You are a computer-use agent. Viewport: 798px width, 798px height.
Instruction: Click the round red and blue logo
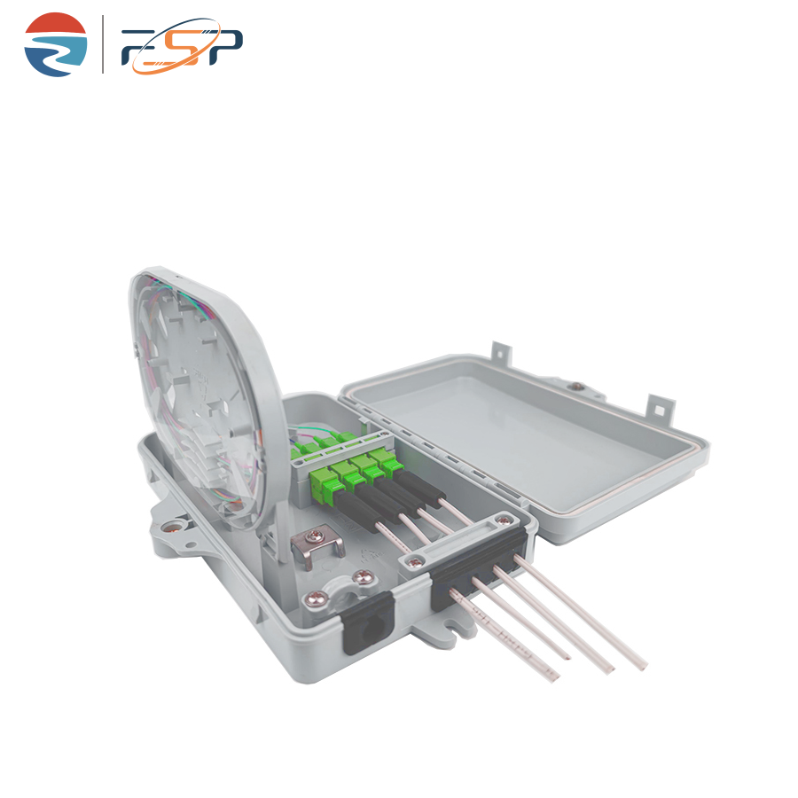click(56, 45)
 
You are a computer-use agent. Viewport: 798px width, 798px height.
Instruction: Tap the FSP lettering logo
click(182, 46)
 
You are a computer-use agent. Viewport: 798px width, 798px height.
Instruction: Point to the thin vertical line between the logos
click(104, 44)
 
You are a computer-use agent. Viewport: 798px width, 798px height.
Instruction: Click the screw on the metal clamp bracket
click(315, 536)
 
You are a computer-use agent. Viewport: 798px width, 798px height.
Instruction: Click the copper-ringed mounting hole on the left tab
click(173, 526)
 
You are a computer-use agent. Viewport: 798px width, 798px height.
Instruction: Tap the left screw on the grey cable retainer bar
click(415, 562)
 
